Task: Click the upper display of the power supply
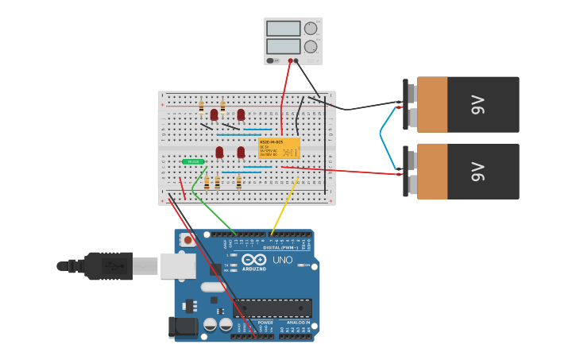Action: pos(283,29)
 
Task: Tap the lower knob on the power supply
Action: pos(310,47)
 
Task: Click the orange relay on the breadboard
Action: pos(279,148)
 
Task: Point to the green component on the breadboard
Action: pos(192,161)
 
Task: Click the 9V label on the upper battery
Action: pos(477,104)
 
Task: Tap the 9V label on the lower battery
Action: pos(477,171)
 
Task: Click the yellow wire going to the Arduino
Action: pos(286,205)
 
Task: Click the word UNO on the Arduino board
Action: pos(283,260)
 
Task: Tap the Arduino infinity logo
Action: pos(254,260)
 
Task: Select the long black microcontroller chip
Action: pos(272,308)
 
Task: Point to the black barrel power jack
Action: pos(183,327)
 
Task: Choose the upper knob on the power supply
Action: pos(310,29)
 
